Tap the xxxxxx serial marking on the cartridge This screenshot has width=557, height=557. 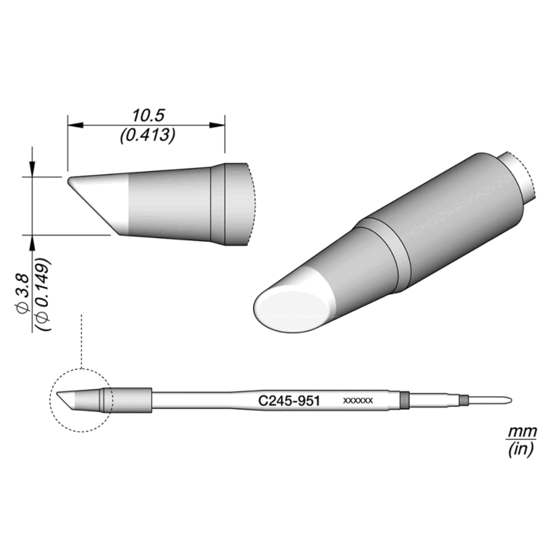click(357, 401)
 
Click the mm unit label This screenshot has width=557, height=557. click(522, 431)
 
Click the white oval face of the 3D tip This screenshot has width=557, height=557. click(288, 307)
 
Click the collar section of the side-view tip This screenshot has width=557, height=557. click(219, 203)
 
